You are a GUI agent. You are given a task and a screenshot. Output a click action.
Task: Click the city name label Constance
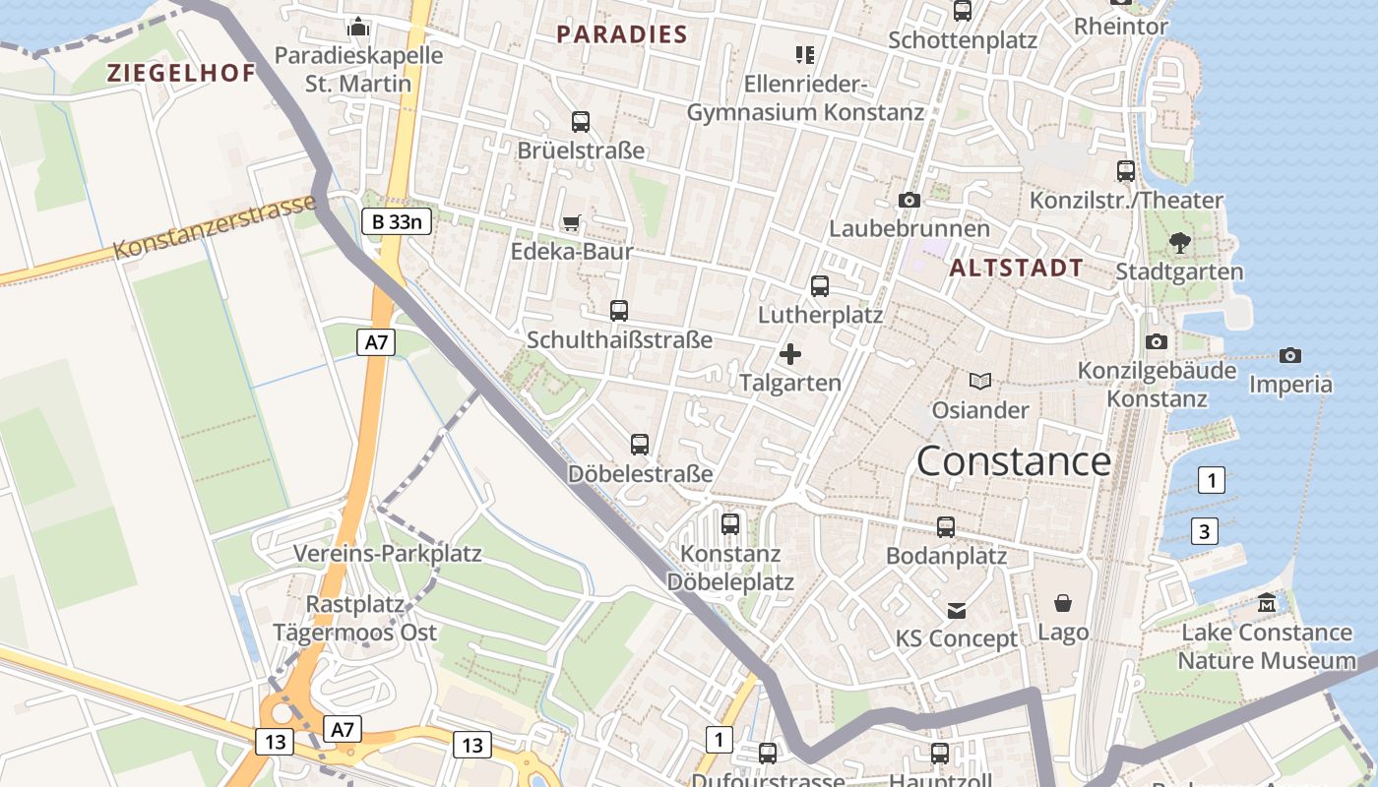click(x=1014, y=460)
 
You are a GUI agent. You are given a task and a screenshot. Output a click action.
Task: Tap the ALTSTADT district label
click(x=1017, y=268)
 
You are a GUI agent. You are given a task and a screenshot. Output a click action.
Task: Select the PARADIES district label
click(x=622, y=34)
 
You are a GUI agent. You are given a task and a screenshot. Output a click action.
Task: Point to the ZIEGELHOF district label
click(x=181, y=73)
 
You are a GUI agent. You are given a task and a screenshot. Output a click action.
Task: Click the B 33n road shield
click(x=396, y=221)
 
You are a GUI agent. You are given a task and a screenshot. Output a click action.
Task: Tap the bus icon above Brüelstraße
click(x=581, y=122)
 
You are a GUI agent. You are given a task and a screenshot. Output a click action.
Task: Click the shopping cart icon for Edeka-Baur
click(x=571, y=223)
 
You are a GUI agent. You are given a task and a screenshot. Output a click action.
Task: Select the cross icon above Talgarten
click(x=789, y=354)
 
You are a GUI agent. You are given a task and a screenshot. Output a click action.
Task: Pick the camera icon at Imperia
click(x=1289, y=355)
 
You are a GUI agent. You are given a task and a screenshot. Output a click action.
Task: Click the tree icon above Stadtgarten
click(x=1179, y=243)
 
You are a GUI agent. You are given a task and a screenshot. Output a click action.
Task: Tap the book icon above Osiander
click(x=979, y=381)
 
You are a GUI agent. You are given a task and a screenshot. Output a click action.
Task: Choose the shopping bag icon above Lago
click(x=1063, y=603)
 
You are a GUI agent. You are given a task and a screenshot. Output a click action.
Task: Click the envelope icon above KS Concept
click(x=956, y=611)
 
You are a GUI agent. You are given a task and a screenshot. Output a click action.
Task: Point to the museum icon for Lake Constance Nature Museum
click(x=1267, y=603)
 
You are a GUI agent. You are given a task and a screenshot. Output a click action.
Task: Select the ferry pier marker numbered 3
click(x=1204, y=531)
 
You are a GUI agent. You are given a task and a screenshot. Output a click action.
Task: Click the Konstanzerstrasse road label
click(x=216, y=226)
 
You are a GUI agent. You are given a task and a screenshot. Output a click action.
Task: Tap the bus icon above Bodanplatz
click(x=946, y=526)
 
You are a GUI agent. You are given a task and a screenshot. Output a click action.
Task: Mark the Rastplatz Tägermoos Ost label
click(x=355, y=618)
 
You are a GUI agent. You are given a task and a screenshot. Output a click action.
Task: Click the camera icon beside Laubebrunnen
click(x=908, y=200)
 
